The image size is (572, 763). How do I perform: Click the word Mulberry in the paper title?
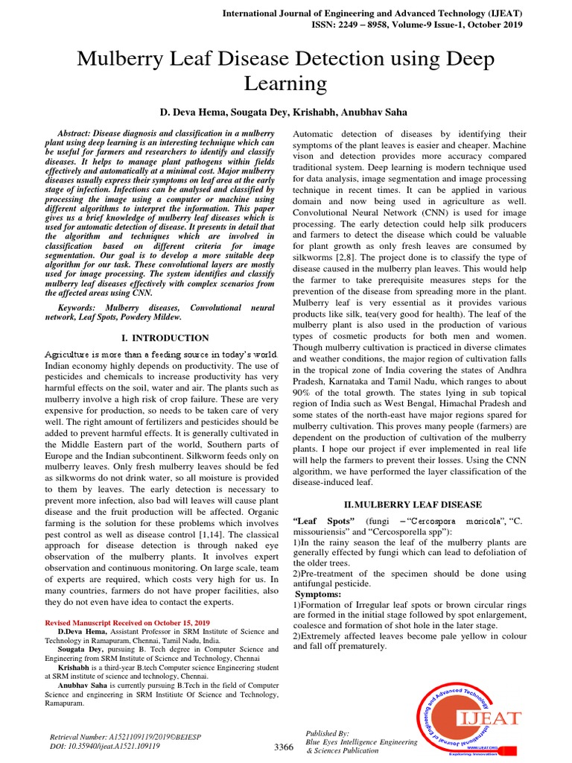(x=125, y=58)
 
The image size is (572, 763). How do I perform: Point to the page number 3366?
(x=285, y=747)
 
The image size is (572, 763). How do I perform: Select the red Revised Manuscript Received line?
(x=128, y=621)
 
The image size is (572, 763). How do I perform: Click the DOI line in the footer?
(x=104, y=746)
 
